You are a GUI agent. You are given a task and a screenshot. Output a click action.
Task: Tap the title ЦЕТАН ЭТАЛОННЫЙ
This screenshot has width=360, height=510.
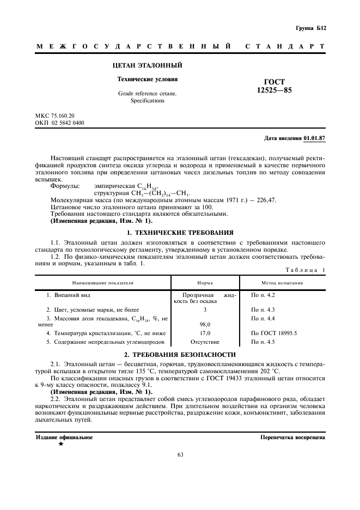click(147, 66)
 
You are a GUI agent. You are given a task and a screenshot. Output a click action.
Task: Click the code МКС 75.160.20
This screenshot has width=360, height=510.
click(55, 116)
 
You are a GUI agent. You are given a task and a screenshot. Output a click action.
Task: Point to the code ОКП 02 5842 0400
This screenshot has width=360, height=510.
click(60, 123)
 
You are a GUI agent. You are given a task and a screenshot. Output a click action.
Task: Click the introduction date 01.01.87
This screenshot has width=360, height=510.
click(314, 138)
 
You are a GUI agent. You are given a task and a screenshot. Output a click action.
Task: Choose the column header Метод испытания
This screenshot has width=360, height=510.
click(283, 283)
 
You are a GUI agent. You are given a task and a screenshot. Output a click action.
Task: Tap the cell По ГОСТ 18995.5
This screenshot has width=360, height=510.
click(274, 333)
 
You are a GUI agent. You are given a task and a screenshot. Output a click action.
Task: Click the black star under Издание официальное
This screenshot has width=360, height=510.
click(61, 444)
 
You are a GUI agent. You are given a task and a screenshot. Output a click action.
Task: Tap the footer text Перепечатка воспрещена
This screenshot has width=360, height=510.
click(292, 437)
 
